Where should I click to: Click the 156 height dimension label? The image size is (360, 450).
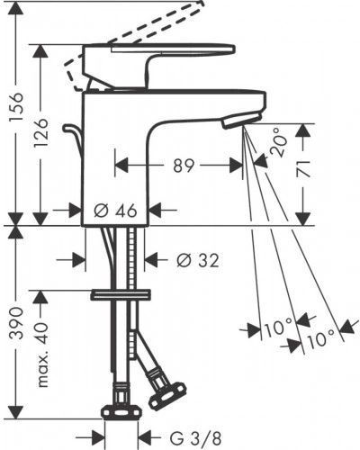pyautogui.click(x=16, y=107)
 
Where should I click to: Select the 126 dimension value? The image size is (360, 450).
pyautogui.click(x=40, y=132)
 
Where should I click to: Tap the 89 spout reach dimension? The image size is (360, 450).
pyautogui.click(x=184, y=166)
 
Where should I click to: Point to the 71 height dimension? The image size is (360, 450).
pyautogui.click(x=302, y=168)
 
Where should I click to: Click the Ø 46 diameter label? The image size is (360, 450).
pyautogui.click(x=115, y=211)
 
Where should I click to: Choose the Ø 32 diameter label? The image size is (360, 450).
pyautogui.click(x=198, y=260)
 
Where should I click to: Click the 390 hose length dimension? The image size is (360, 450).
pyautogui.click(x=16, y=323)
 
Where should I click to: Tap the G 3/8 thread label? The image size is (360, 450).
pyautogui.click(x=195, y=439)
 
